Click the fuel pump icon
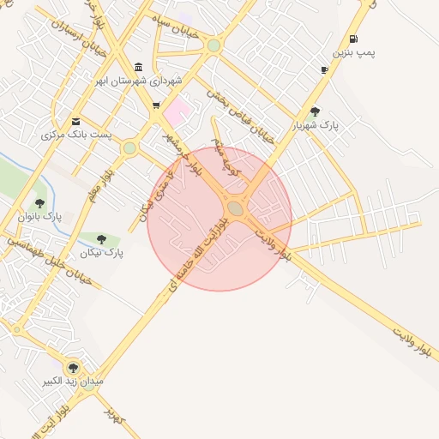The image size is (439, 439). pos(353,39)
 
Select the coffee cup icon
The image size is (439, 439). pos(324,69)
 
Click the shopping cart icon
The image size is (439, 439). pos(156,106)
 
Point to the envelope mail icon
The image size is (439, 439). pos(76,122)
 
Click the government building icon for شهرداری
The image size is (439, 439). pos(139,68)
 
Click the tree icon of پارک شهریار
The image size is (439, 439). pos(315,111)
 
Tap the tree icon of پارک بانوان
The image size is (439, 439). pos(39,203)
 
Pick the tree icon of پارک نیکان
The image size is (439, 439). pos(101,239)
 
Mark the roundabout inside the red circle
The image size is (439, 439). pos(236,208)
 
